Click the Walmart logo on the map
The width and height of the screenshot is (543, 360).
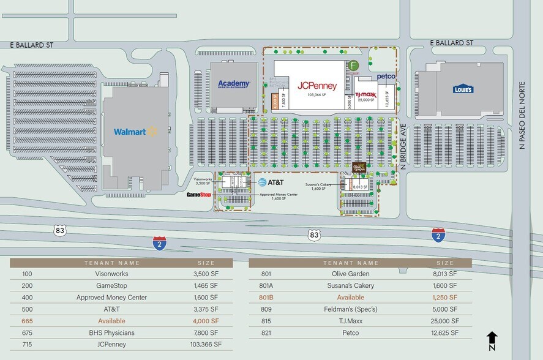pos(135,132)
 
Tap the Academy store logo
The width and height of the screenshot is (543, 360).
pos(234,84)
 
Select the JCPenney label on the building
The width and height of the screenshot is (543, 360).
pos(317,86)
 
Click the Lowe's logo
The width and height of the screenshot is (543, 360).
pos(463,89)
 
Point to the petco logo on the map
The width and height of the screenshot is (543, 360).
pos(386,77)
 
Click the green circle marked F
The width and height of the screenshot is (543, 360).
pos(353,66)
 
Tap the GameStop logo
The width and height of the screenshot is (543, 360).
pos(199,195)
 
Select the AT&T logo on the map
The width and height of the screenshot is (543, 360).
pos(270,182)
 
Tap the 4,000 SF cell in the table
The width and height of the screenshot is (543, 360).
pos(206,321)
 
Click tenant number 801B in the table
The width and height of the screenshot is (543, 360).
pos(266,298)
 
